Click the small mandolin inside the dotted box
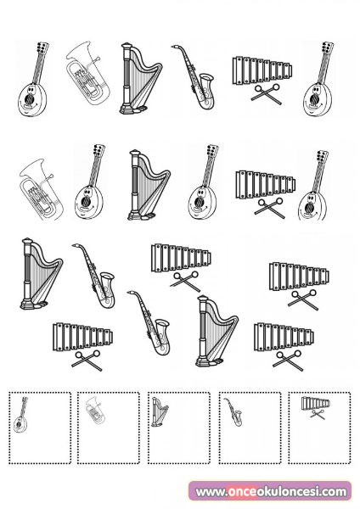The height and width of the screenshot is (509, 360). (20, 415)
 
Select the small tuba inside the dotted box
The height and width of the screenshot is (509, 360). (96, 410)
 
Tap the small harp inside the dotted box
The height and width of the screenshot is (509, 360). (160, 412)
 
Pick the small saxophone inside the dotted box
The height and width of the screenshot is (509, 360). (233, 412)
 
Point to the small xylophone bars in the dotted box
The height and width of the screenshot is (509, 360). (316, 403)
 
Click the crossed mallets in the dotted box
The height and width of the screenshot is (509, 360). (318, 414)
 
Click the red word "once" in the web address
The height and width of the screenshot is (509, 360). (242, 492)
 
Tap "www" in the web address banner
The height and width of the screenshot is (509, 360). (209, 492)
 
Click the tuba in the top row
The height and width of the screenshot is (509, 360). (87, 73)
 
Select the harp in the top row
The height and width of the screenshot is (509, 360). (140, 78)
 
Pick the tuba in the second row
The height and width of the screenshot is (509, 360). (41, 189)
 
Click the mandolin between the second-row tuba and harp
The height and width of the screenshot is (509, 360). (89, 182)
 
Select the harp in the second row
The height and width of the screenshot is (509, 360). (149, 185)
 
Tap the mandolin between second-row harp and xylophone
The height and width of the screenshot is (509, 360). (203, 182)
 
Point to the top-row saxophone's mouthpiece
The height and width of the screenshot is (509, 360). (174, 47)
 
